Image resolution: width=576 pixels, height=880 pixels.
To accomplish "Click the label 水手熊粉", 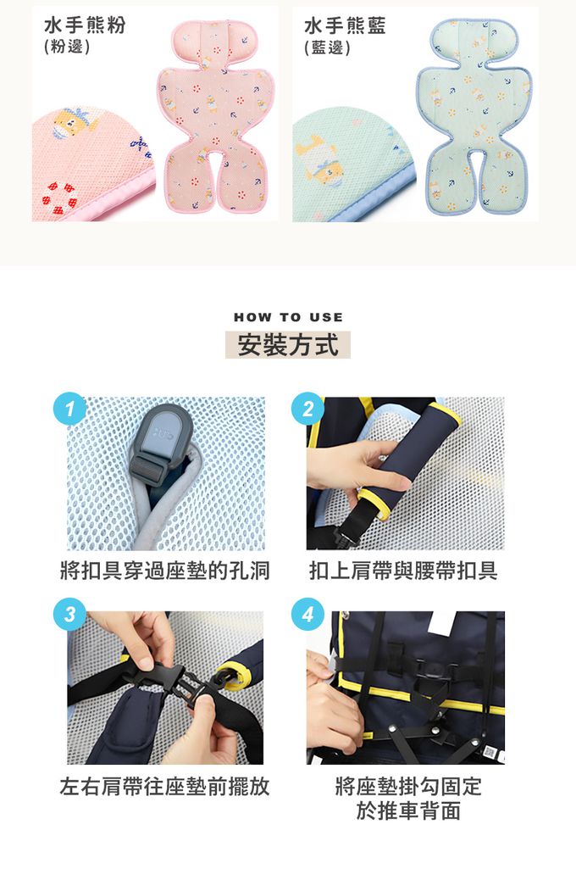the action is (85, 25).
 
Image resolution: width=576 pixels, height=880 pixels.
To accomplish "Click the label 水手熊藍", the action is (345, 25).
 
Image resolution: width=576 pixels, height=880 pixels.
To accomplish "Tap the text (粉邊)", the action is (67, 46).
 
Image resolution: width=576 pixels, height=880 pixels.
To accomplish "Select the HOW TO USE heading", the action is (288, 317).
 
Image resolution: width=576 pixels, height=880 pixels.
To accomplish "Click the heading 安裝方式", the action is (288, 344).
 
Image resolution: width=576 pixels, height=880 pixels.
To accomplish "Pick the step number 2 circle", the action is (307, 408).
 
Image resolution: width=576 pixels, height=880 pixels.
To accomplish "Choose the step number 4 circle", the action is (307, 614).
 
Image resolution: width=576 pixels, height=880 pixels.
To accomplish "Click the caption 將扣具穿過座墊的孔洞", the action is (164, 571).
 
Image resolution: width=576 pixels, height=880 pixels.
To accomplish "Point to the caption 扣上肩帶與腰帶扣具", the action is (403, 571).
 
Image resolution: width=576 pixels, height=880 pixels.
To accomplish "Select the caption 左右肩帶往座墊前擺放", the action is (164, 786).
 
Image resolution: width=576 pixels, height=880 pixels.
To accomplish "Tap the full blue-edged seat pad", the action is (474, 117).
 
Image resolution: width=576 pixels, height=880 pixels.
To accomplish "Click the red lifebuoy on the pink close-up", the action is (59, 198).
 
